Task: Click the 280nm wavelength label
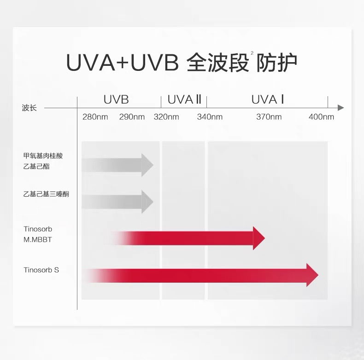tap(95, 117)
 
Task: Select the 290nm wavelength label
tap(132, 117)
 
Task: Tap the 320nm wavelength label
tap(166, 117)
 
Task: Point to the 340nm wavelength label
tap(210, 117)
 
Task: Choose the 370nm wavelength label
tap(269, 117)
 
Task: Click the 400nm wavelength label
tap(321, 117)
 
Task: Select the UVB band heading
tap(116, 99)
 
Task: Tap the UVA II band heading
tap(184, 99)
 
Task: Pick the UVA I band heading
tap(267, 99)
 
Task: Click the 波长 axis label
tap(29, 108)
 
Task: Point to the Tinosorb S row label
tap(41, 270)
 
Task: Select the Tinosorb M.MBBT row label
tap(38, 234)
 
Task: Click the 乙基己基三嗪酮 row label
tap(46, 194)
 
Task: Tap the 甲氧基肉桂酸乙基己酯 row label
tap(43, 161)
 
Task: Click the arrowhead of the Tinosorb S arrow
tap(312, 275)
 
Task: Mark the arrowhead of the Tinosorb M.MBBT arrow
tap(259, 238)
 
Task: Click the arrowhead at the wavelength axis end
tap(341, 108)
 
